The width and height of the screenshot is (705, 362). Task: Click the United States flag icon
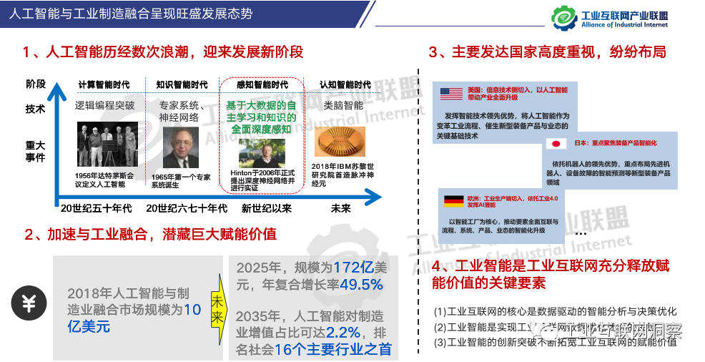pos(451,94)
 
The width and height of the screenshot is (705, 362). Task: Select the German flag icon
pos(453,202)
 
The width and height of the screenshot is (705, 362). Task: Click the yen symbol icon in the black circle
pos(29,303)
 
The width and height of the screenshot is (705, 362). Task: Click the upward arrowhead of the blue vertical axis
pos(53,90)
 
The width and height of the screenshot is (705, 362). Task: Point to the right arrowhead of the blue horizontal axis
pos(378,195)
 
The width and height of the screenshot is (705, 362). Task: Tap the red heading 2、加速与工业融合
pos(150,235)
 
